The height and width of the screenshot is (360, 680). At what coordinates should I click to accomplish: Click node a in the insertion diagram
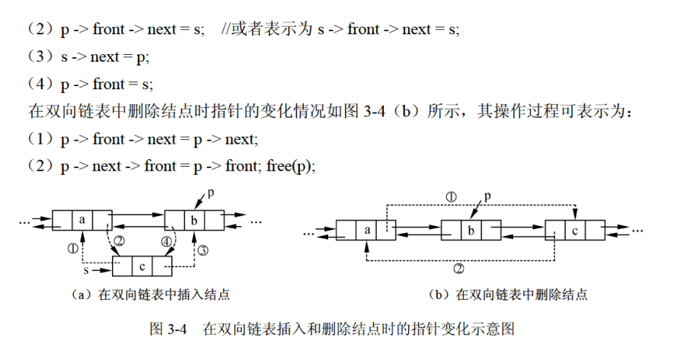click(x=81, y=221)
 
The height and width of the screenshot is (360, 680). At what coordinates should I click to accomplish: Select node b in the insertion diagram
click(x=194, y=221)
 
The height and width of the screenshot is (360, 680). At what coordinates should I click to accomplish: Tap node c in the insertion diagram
click(x=142, y=266)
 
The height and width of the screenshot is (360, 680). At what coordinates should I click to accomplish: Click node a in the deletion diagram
click(x=366, y=229)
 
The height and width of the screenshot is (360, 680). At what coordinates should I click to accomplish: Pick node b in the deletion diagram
click(x=471, y=229)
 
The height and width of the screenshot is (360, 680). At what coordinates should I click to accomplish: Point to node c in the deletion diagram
click(x=576, y=229)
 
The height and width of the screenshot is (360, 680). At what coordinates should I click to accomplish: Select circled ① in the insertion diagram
click(x=72, y=248)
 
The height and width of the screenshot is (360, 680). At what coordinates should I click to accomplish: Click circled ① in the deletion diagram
click(x=451, y=196)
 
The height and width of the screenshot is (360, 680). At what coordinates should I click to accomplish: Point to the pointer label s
click(x=86, y=269)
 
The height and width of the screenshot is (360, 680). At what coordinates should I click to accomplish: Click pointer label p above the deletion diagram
click(x=487, y=195)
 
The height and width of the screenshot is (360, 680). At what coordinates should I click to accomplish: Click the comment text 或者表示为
click(x=269, y=29)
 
